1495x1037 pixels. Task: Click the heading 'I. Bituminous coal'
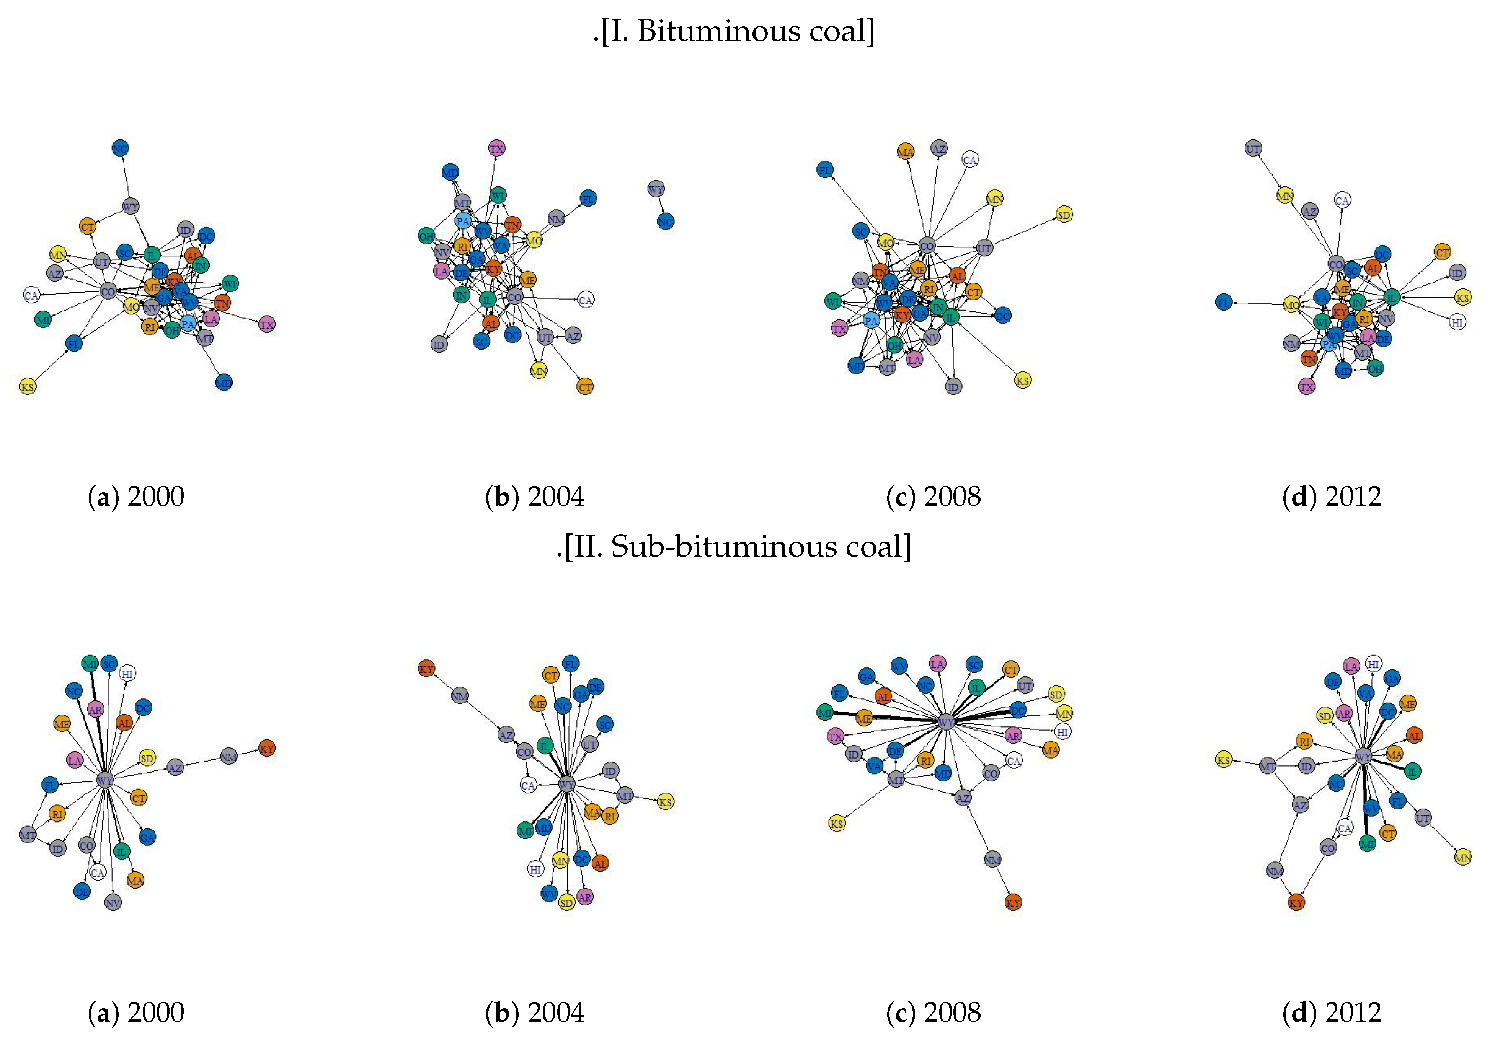point(734,31)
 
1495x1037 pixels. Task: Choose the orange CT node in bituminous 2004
point(585,387)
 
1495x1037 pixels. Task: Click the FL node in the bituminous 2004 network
point(588,198)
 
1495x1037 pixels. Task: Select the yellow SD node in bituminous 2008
point(1063,215)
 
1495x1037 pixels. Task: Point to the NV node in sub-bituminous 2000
point(113,902)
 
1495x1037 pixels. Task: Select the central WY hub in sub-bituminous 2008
point(947,723)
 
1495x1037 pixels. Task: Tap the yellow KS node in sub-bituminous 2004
point(665,802)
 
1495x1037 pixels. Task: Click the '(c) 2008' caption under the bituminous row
point(934,497)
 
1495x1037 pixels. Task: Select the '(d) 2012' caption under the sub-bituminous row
point(1332,1012)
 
